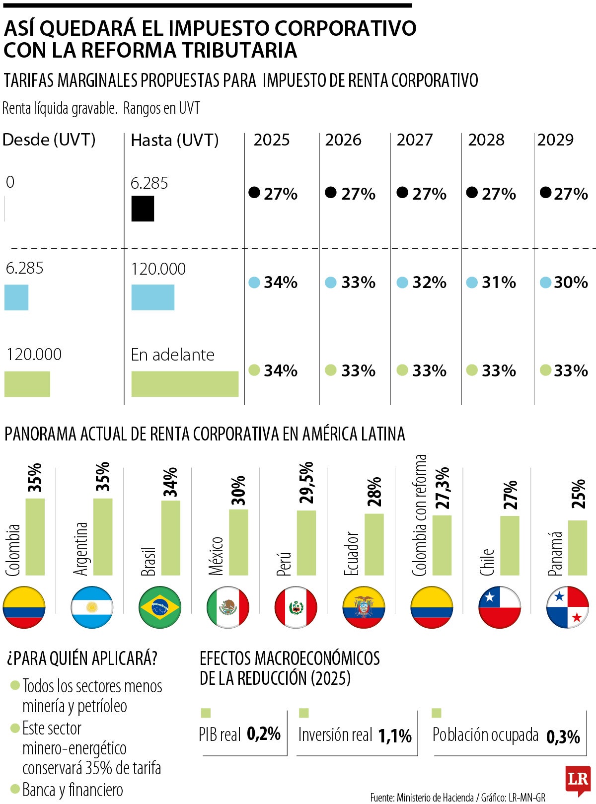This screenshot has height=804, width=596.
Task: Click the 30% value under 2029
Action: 570,283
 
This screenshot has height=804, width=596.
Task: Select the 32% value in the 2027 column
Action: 429,283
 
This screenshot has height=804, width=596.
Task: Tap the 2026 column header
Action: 343,140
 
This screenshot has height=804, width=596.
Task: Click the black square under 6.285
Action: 143,209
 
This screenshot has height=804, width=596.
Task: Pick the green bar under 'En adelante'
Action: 185,384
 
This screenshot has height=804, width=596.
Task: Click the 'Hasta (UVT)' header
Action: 174,140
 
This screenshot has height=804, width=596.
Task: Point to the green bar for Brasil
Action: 171,538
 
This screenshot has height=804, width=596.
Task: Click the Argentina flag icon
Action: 92,607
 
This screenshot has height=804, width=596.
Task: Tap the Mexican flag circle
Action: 227,607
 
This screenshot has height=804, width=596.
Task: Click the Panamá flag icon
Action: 567,607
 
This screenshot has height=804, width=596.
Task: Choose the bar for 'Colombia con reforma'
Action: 442,545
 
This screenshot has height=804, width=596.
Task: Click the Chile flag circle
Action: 499,607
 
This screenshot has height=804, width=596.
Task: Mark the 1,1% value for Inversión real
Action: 395,736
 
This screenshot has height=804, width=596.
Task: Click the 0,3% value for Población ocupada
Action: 563,737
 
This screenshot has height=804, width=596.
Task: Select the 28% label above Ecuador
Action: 374,492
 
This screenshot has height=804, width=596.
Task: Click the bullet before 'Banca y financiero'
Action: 15,789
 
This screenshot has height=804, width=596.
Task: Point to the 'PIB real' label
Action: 220,735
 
